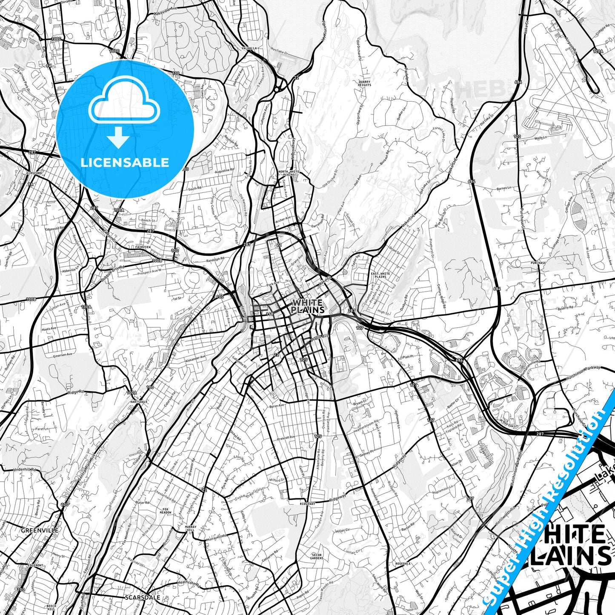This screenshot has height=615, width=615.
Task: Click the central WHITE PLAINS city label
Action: [x=308, y=306]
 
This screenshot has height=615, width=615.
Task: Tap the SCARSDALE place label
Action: [x=143, y=598]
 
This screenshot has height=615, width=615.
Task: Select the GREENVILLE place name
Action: [x=40, y=530]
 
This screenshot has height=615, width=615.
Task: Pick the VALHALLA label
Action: [x=249, y=49]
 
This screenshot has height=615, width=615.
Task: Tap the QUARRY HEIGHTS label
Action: [x=364, y=83]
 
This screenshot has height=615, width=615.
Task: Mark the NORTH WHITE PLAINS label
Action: [x=286, y=173]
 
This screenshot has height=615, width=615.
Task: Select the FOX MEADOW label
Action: [x=166, y=511]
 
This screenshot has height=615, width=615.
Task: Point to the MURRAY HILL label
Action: [x=191, y=529]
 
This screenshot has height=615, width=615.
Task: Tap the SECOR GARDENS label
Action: [x=317, y=557]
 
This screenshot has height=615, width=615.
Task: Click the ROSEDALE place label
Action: [x=403, y=564]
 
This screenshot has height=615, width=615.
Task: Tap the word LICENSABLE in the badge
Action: [x=125, y=163]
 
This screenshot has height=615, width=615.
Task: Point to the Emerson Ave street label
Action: [x=63, y=355]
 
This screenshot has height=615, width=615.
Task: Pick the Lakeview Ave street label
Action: [x=165, y=14]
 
